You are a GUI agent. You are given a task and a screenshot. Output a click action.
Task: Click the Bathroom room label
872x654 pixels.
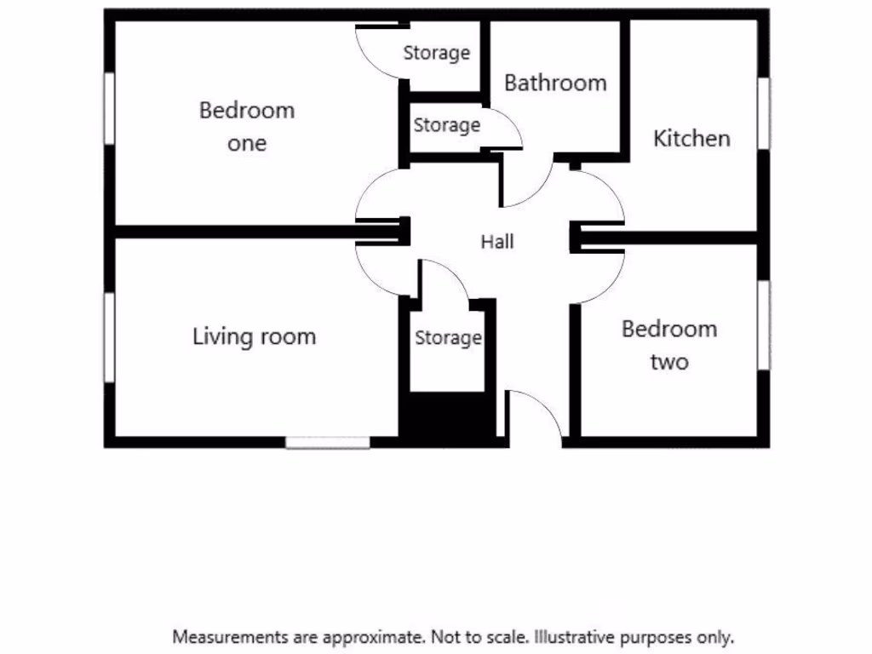tap(555, 83)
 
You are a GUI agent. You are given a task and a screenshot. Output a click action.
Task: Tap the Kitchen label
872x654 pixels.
tap(691, 138)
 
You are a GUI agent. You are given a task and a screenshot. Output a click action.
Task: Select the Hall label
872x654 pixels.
tap(497, 242)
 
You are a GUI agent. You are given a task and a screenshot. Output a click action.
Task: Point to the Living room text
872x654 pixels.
tap(254, 336)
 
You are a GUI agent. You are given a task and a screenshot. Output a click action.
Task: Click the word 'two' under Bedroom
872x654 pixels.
tap(669, 363)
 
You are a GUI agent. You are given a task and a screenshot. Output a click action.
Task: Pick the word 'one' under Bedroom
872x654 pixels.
tap(247, 143)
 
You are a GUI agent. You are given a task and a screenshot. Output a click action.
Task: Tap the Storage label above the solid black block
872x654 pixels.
tap(448, 338)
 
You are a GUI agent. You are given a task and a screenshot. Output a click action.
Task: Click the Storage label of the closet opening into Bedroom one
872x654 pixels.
tap(436, 53)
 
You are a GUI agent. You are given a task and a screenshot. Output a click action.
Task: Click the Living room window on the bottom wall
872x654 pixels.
tap(328, 442)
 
